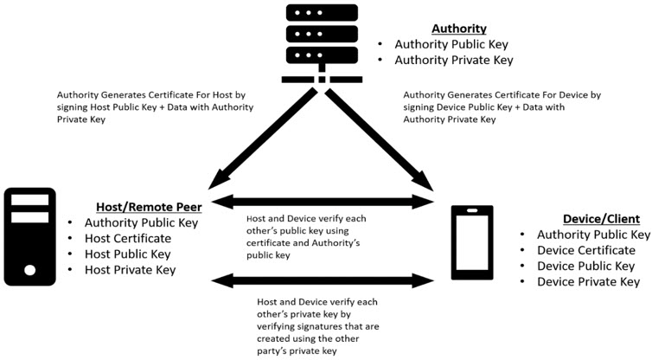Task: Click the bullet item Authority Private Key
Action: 453,60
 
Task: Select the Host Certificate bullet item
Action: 128,238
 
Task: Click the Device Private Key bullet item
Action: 588,281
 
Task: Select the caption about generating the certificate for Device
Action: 502,108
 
